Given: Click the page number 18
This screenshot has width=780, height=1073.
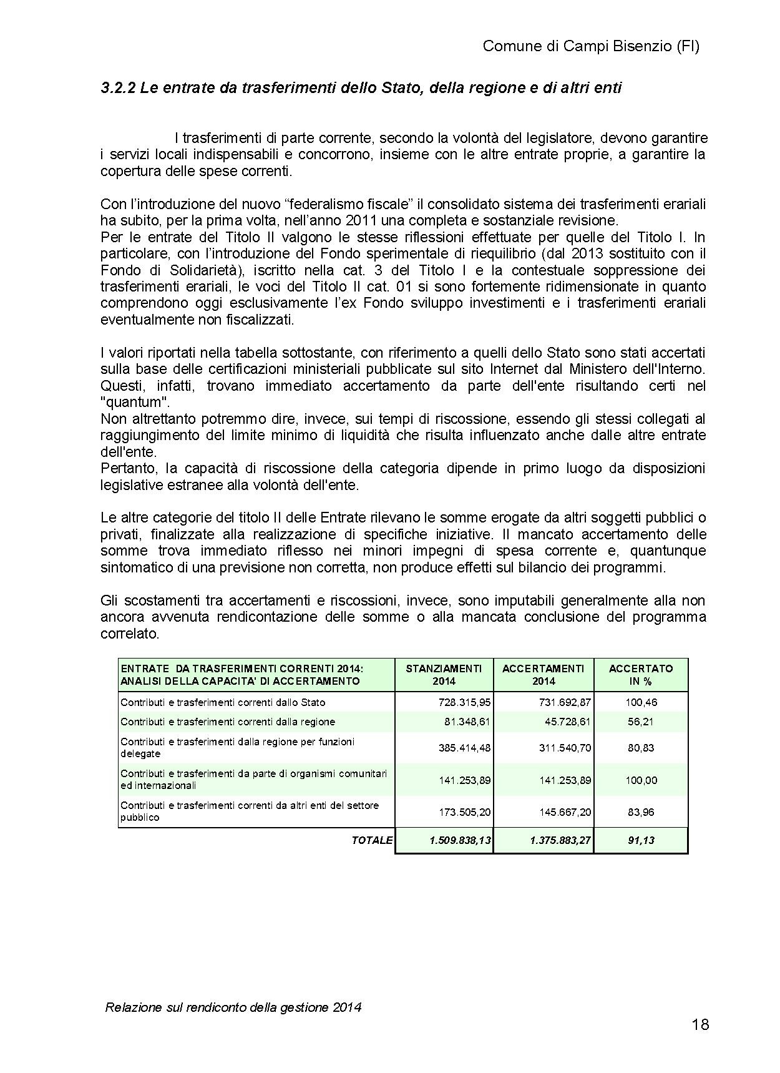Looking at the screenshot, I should tap(700, 1024).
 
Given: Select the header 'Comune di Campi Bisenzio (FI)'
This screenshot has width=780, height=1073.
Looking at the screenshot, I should tap(591, 46).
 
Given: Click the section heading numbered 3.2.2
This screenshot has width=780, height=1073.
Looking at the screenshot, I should tap(361, 88).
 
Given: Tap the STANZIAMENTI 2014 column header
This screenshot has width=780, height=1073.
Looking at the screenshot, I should tap(444, 675).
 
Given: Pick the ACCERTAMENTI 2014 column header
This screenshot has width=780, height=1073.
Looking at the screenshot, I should tap(543, 675).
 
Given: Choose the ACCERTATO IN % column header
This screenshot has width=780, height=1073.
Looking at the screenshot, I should tap(641, 675).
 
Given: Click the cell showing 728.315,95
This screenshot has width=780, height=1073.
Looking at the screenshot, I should tap(465, 702).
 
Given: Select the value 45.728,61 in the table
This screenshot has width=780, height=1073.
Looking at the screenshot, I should tap(565, 722).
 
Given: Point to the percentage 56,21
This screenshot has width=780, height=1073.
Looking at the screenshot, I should tap(641, 722).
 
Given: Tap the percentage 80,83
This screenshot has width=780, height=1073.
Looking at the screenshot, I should tap(641, 748).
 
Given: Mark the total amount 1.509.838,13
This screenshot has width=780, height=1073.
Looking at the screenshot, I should tap(460, 840).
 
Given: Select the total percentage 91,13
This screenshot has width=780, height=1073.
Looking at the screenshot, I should tap(641, 840).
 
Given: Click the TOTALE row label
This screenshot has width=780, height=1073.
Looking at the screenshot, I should tap(372, 840).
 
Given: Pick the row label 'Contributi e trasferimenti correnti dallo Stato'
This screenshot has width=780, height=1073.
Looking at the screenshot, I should tap(223, 702).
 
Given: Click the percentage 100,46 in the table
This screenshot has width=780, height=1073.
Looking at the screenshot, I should tap(641, 702).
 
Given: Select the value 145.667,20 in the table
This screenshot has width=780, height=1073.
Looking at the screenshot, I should tap(565, 813).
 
